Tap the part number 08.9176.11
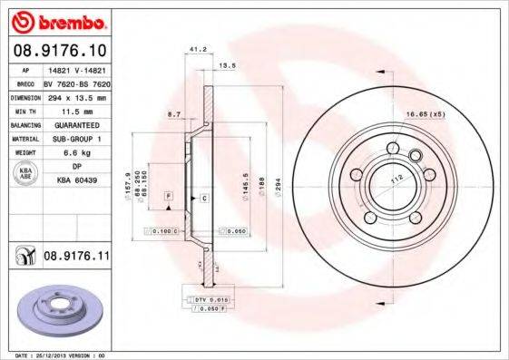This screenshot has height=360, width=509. [x=77, y=258]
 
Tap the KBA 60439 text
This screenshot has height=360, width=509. [x=86, y=181]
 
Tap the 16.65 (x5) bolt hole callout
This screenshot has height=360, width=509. [x=425, y=116]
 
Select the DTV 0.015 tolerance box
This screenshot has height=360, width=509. [x=209, y=298]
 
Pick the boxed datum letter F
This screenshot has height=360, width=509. [x=168, y=196]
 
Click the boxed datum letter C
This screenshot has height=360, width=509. [x=204, y=198]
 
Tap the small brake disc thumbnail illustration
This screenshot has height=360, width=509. [x=61, y=310]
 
